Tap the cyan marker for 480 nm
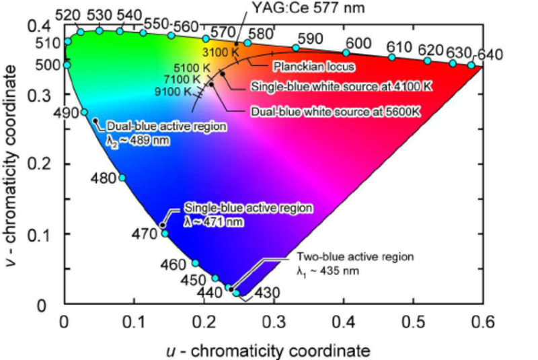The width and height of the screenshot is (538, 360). click(x=122, y=178)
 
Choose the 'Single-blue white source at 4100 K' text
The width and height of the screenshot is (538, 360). click(x=330, y=87)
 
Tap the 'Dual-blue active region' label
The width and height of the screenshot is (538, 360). click(x=166, y=126)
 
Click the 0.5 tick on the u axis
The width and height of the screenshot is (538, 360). click(x=414, y=321)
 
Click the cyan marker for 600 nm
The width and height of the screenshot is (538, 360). click(x=346, y=52)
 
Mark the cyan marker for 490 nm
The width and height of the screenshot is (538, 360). click(x=84, y=112)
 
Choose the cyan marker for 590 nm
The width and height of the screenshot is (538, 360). click(x=295, y=48)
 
